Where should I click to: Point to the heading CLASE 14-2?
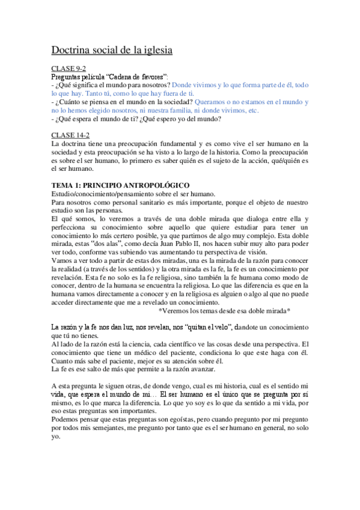[70, 135]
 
